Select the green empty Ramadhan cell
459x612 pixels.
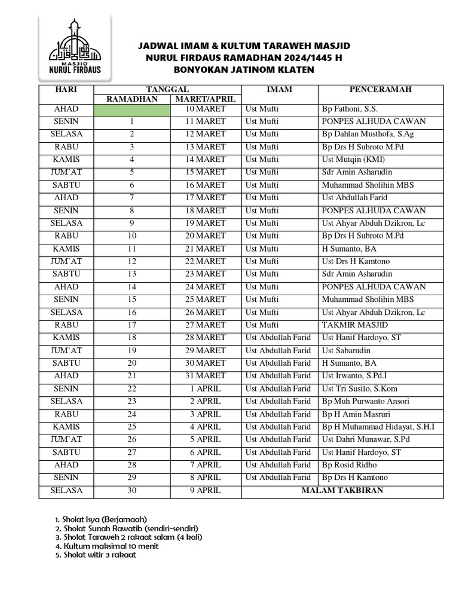click(131, 109)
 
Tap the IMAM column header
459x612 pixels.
click(279, 90)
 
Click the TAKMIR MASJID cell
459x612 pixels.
click(348, 325)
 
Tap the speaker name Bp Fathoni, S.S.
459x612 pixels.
click(350, 109)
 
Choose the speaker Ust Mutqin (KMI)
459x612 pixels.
click(353, 160)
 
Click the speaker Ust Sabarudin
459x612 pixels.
click(346, 350)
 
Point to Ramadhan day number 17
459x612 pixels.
click(131, 325)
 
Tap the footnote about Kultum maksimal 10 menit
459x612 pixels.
click(106, 546)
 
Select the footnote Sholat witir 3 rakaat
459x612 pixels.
click(95, 555)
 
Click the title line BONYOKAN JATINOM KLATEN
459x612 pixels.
click(244, 70)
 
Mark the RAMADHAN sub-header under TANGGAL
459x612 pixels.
click(131, 99)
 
